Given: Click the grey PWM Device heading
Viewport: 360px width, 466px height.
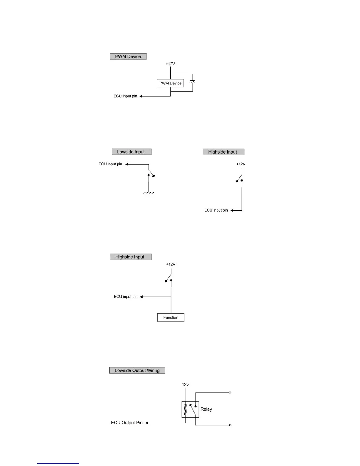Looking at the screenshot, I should click(128, 56).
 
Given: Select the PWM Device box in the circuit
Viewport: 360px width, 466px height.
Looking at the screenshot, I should click(170, 83).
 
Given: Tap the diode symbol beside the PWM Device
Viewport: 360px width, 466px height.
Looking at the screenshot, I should click(193, 81).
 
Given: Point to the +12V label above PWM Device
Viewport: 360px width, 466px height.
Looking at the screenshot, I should click(170, 64).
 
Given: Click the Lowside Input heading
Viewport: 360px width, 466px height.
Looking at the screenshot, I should click(131, 152).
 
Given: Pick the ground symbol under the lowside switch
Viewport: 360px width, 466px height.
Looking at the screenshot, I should click(149, 193).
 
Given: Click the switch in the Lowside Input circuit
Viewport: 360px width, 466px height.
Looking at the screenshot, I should click(151, 173).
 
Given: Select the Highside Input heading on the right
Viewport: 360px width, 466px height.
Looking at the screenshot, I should click(223, 152).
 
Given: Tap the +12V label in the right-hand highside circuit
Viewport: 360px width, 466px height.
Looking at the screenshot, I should click(241, 164).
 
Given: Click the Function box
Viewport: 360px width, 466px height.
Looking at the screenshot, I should click(171, 317).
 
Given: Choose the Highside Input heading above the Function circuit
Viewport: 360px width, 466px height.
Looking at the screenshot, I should click(131, 257).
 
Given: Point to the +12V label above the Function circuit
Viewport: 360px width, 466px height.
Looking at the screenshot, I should click(171, 264).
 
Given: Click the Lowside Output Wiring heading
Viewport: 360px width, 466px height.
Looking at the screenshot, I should click(137, 370).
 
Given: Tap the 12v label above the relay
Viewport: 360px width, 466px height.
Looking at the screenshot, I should click(185, 385).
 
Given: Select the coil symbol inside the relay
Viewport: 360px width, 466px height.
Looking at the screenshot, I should click(185, 409).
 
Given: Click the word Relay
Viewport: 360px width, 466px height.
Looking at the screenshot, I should click(206, 409).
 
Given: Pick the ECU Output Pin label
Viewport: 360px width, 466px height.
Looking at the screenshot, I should click(127, 423).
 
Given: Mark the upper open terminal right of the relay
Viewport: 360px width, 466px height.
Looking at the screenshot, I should click(230, 392).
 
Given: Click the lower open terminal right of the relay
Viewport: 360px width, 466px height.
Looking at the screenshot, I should click(230, 425).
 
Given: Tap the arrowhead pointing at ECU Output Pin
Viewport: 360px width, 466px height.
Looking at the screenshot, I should click(147, 423).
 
